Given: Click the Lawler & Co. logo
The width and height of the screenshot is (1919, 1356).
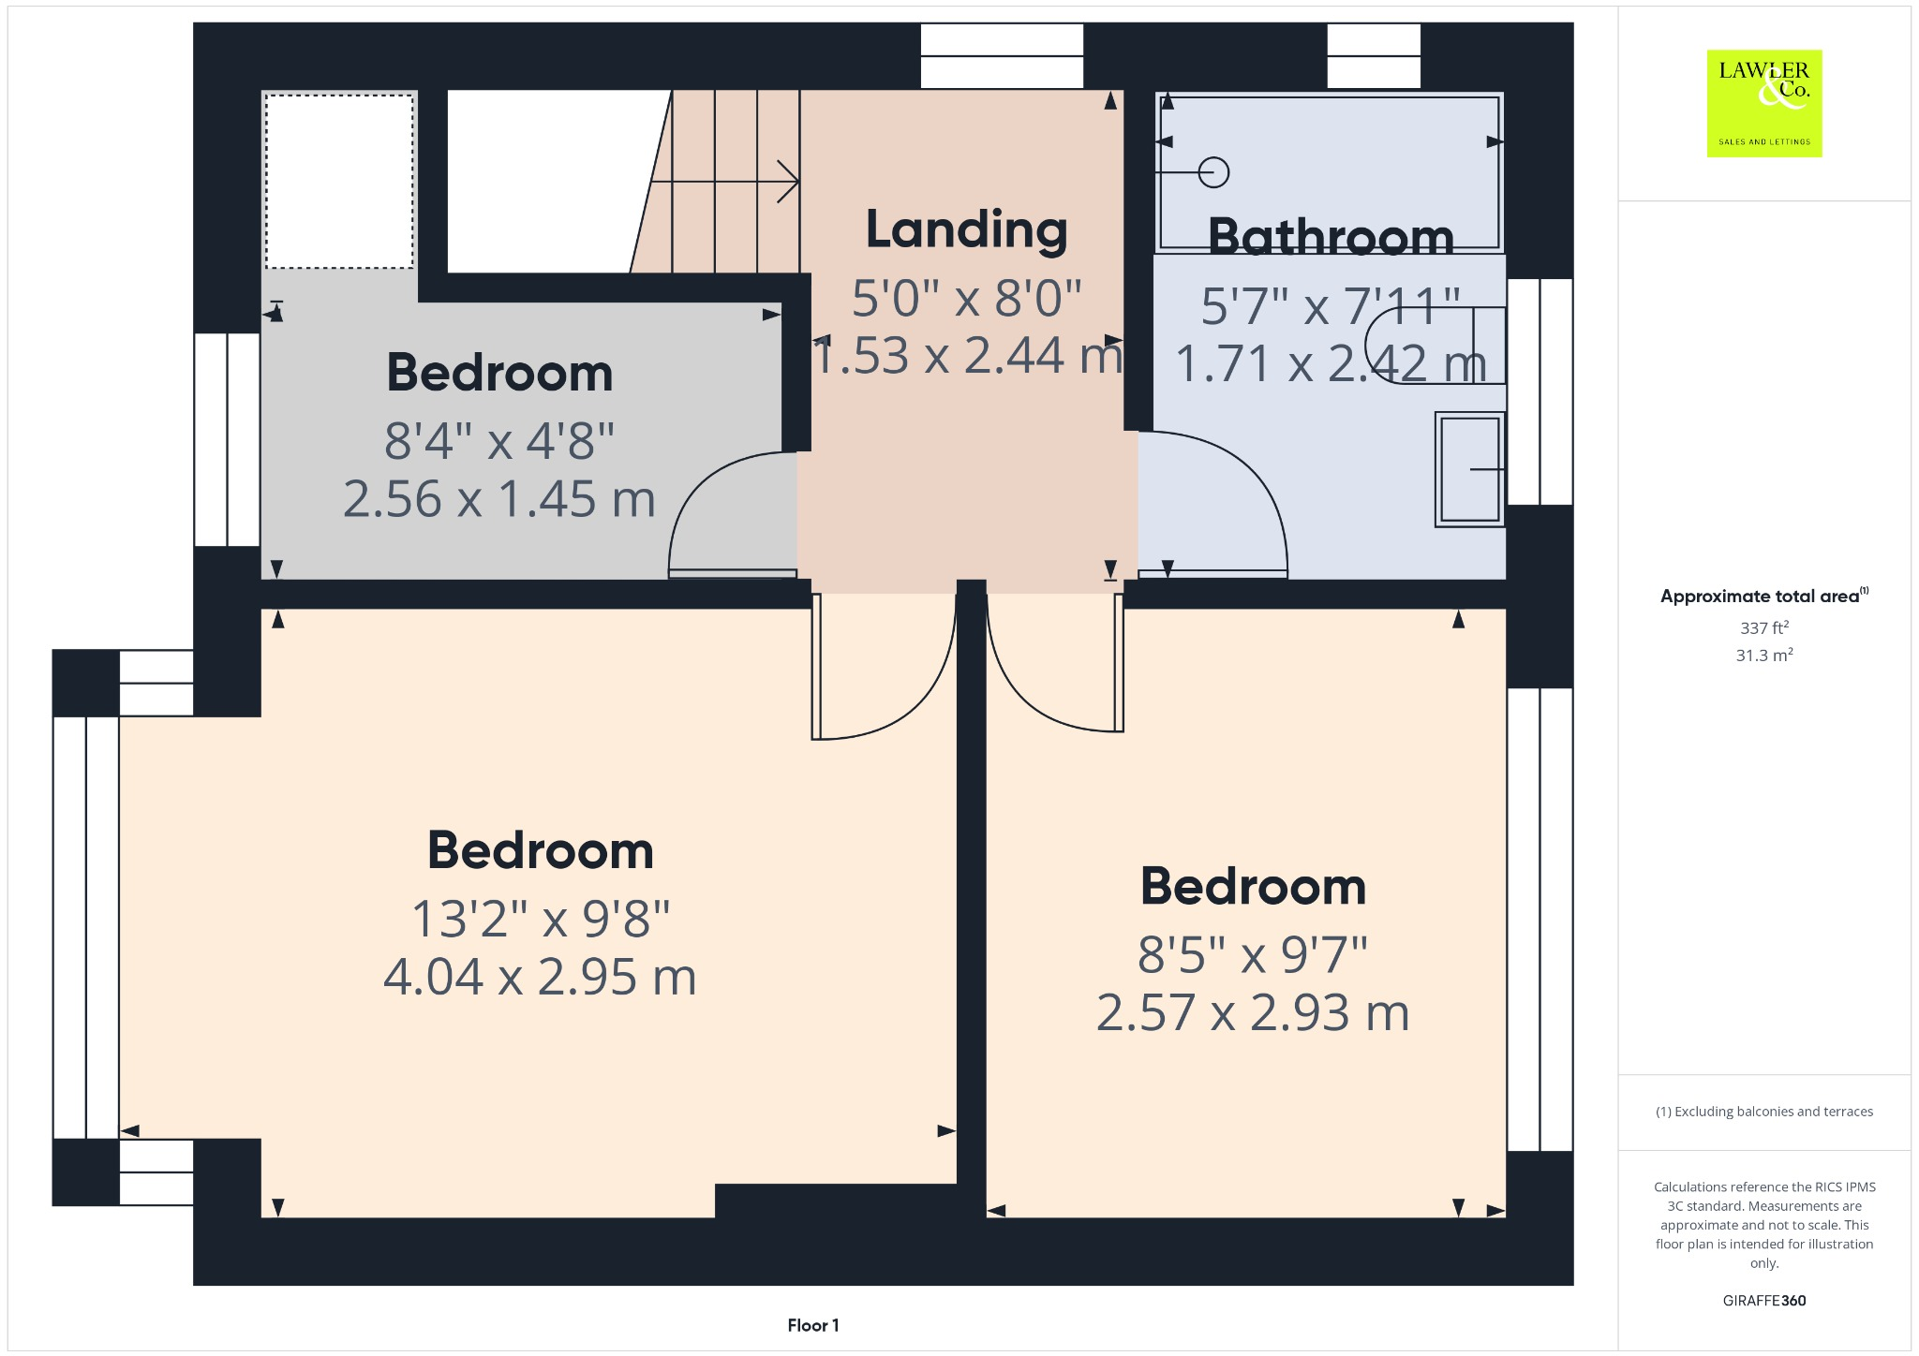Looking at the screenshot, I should click(x=1763, y=103).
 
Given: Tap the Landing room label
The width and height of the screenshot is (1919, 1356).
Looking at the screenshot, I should click(x=966, y=229).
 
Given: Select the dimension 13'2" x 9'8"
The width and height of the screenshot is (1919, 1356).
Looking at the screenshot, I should click(x=541, y=919).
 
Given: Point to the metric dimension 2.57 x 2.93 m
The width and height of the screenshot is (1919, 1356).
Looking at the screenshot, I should click(x=1253, y=1013).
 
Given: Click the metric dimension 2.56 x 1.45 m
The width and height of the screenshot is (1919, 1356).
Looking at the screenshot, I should click(x=498, y=499).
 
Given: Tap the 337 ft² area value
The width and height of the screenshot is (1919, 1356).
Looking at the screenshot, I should click(x=1763, y=627).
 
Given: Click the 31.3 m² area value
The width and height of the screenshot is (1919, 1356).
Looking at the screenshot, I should click(x=1763, y=655).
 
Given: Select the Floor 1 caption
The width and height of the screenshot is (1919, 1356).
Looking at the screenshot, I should click(x=812, y=1325).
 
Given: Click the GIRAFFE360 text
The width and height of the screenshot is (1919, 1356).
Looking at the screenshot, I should click(x=1763, y=1300).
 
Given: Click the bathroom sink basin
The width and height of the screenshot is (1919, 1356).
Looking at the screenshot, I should click(x=1469, y=469).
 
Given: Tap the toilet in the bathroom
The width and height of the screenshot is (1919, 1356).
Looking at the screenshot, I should click(x=1434, y=346).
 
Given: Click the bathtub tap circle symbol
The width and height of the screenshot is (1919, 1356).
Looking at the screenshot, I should click(x=1214, y=172).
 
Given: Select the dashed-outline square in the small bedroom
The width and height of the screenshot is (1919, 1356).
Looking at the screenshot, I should click(x=339, y=181).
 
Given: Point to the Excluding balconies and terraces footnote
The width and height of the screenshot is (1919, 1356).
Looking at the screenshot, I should click(x=1763, y=1112).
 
